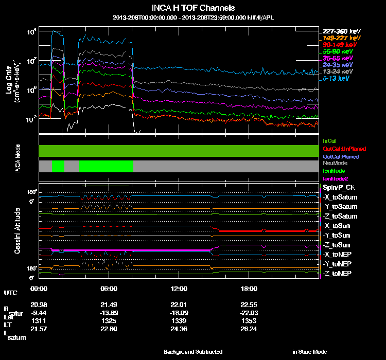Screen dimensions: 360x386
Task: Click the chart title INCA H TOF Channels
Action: click(194, 8)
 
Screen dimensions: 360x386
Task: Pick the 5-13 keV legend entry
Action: click(338, 79)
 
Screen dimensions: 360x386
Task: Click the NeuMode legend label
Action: click(333, 163)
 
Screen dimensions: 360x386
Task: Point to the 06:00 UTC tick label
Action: click(109, 288)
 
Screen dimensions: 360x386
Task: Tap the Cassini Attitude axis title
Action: click(17, 230)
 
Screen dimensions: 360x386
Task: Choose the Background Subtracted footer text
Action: click(193, 352)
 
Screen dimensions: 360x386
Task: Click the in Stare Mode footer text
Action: click(309, 352)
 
